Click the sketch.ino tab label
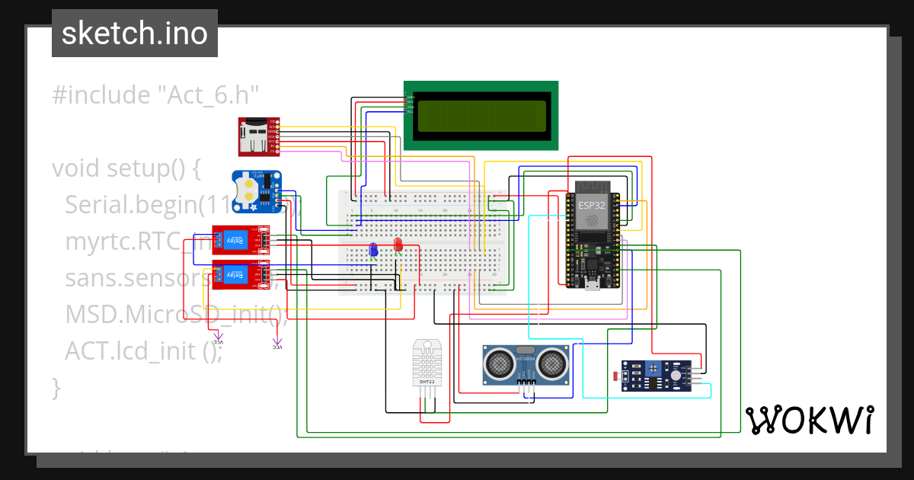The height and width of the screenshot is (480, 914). (134, 34)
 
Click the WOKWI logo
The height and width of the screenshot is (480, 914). (809, 420)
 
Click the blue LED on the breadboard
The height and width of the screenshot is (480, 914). (373, 249)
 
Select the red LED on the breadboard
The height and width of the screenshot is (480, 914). (398, 244)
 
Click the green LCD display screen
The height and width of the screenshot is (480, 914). (481, 115)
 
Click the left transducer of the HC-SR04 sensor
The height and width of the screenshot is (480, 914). (500, 364)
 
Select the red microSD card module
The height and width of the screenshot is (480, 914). (258, 136)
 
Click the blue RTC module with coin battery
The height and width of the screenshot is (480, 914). (257, 190)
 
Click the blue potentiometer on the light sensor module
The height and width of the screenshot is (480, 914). (653, 370)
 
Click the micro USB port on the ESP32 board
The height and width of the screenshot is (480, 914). (590, 287)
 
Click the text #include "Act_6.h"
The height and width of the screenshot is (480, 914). (155, 95)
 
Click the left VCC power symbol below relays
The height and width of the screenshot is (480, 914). (218, 338)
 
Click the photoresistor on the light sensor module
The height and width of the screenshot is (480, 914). (615, 376)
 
